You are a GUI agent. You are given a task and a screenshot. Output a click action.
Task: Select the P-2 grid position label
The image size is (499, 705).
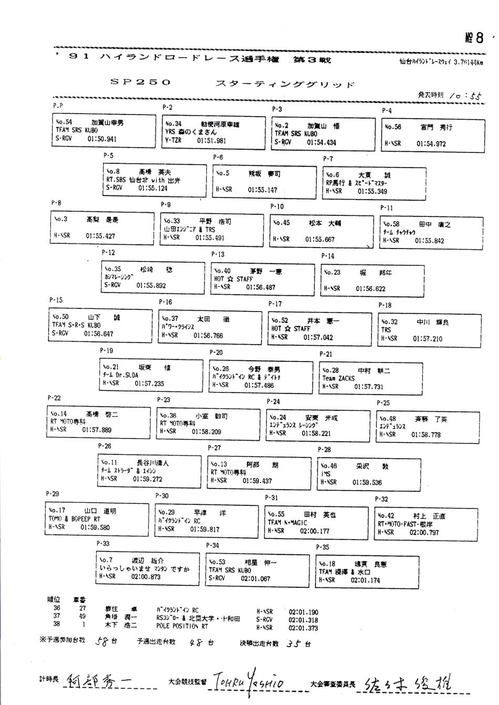pos(168,107)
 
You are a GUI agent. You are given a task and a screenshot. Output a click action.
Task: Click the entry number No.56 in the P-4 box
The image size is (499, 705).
pos(393,127)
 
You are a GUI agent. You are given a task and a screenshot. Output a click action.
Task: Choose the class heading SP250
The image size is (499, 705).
pos(141,82)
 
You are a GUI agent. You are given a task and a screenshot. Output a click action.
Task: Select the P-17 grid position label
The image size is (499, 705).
pos(275,304)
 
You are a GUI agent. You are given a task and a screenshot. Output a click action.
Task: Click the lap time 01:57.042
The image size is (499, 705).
pos(318,337)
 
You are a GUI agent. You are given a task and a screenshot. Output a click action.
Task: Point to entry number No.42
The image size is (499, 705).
pos(386,516)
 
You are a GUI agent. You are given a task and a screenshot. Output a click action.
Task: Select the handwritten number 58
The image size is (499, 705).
pos(102,641)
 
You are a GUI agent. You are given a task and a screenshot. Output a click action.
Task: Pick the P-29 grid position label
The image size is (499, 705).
pos(53,494)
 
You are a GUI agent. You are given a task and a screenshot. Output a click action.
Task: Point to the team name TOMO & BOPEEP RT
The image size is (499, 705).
pos(74,519)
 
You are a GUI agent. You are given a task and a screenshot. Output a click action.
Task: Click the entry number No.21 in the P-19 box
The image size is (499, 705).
pos(111,367)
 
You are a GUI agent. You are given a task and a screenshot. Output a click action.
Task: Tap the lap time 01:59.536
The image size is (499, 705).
pos(367,482)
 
